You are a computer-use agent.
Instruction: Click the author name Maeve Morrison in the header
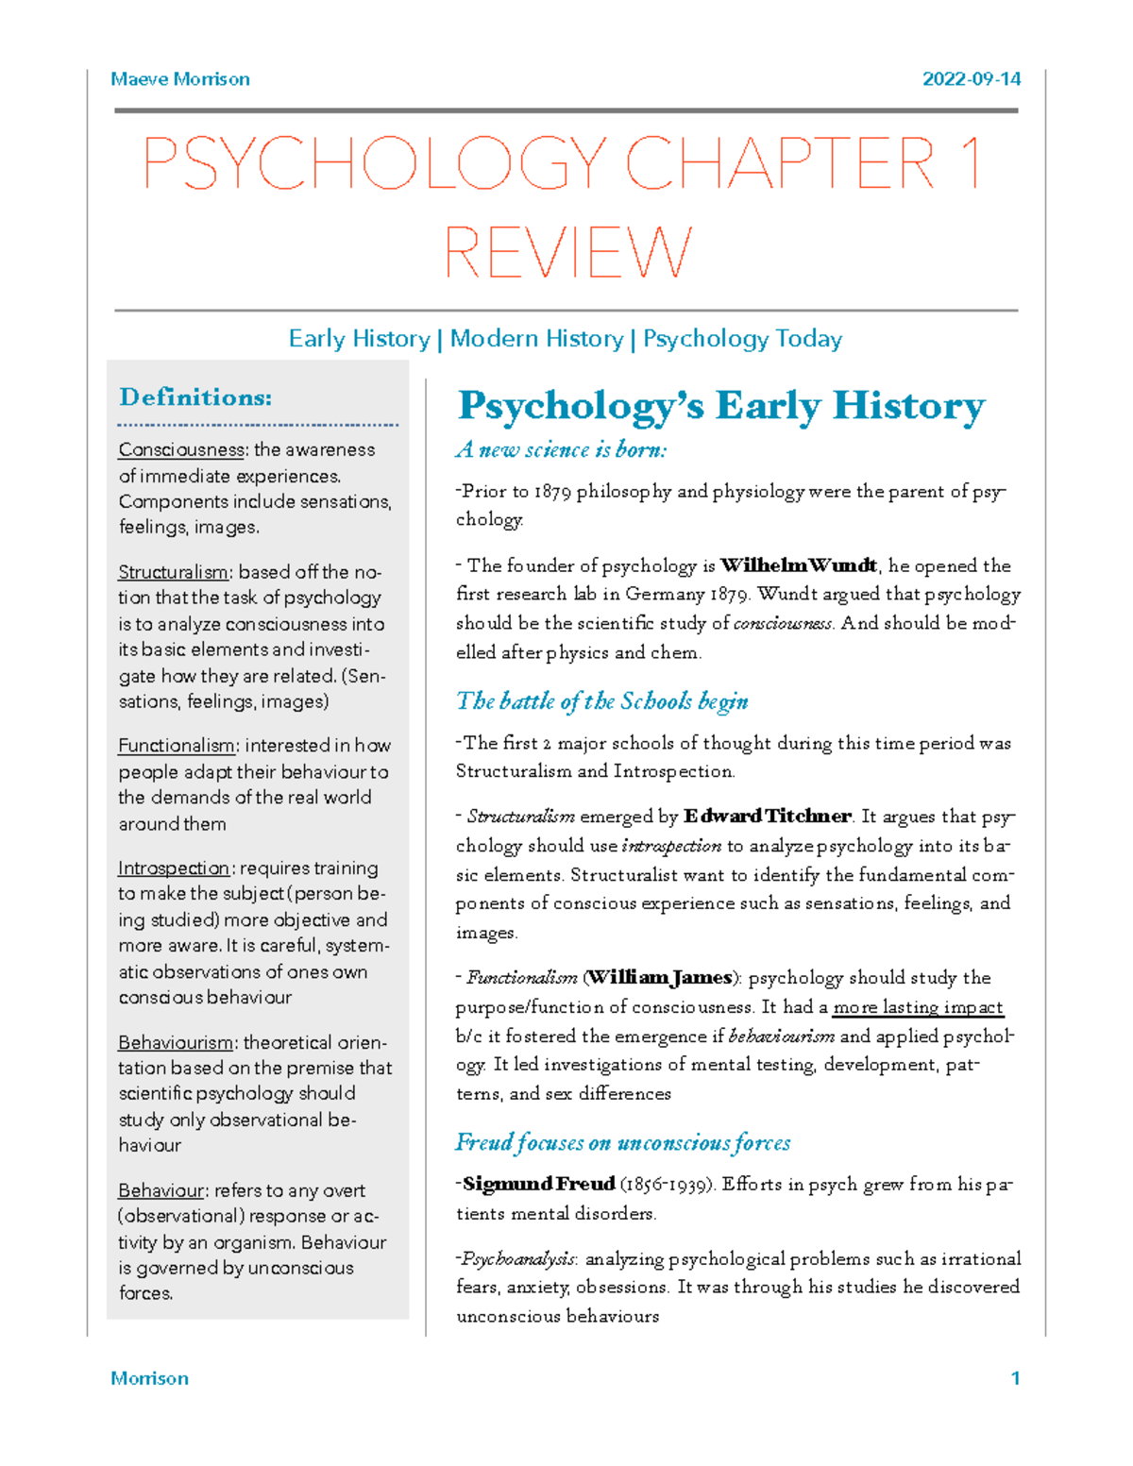179,79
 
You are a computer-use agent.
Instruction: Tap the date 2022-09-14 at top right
971,79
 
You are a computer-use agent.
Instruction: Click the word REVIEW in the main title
567,253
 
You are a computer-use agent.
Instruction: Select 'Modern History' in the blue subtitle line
536,339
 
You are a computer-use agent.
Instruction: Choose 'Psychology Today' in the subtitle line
742,339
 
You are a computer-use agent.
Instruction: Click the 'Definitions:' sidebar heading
195,397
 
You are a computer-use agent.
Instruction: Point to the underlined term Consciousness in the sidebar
181,450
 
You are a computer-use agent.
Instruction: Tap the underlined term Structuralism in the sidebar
173,573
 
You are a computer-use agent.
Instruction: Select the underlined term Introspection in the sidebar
174,868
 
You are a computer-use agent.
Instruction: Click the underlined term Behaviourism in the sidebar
176,1043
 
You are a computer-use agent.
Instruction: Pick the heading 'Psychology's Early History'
721,406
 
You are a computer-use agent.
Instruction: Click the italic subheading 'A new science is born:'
561,450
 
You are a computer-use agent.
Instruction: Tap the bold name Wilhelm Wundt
799,566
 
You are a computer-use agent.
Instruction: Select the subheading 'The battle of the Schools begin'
602,701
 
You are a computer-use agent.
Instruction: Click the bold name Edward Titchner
768,817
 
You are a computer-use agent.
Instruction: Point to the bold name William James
660,978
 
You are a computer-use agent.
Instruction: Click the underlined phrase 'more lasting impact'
918,1007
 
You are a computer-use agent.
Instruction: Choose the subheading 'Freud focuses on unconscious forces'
623,1143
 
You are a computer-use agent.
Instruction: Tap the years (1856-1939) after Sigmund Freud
667,1185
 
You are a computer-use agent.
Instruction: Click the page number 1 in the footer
1015,1378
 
